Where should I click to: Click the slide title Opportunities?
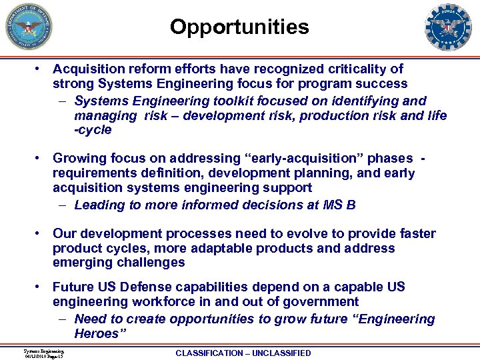pyautogui.click(x=239, y=27)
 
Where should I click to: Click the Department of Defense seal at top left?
pyautogui.click(x=29, y=27)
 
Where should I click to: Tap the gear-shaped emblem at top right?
pyautogui.click(x=448, y=27)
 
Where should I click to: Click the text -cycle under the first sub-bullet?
pyautogui.click(x=93, y=130)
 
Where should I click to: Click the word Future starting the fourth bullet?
pyautogui.click(x=74, y=287)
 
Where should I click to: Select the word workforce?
pyautogui.click(x=163, y=301)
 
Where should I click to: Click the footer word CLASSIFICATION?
pyautogui.click(x=209, y=353)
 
